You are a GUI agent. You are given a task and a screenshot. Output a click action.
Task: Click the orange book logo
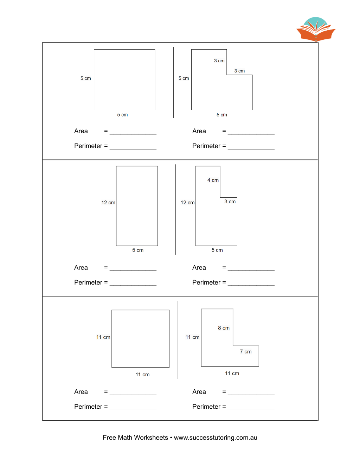pyautogui.click(x=316, y=29)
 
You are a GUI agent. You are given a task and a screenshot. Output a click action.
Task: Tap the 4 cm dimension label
pyautogui.click(x=213, y=180)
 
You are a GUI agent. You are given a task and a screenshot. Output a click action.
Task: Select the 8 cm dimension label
pyautogui.click(x=224, y=328)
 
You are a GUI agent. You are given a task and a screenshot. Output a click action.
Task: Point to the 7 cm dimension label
pyautogui.click(x=246, y=351)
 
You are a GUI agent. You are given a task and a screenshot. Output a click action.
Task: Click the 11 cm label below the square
pyautogui.click(x=142, y=375)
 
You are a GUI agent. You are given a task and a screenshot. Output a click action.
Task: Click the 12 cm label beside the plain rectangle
pyautogui.click(x=108, y=203)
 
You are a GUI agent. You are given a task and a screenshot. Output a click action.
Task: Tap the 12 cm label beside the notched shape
pyautogui.click(x=187, y=203)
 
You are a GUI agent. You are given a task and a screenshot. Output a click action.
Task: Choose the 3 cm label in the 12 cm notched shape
pyautogui.click(x=230, y=202)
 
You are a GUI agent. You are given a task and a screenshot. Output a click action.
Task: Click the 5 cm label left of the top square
pyautogui.click(x=86, y=78)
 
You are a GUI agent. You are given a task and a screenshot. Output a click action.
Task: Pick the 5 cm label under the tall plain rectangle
pyautogui.click(x=138, y=250)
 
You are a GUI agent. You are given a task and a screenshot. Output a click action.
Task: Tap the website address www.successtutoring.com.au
pyautogui.click(x=216, y=438)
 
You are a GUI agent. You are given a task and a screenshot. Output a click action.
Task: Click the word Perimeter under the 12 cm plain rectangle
pyautogui.click(x=88, y=282)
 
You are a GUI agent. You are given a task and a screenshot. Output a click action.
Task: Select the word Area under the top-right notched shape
pyautogui.click(x=199, y=131)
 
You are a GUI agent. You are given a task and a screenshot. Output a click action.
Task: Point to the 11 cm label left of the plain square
pyautogui.click(x=103, y=337)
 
